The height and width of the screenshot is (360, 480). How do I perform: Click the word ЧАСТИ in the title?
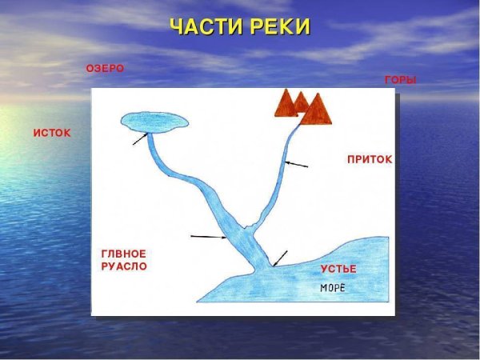[x=202, y=26]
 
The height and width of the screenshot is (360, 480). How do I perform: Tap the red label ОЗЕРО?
[x=105, y=69]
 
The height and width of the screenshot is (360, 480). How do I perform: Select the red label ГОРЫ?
[x=400, y=81]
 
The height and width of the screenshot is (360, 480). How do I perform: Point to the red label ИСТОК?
[x=51, y=133]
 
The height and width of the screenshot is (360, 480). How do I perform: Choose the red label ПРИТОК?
[x=370, y=160]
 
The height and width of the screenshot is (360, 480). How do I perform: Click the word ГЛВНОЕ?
[x=123, y=254]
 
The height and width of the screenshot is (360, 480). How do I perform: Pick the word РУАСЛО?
[x=124, y=266]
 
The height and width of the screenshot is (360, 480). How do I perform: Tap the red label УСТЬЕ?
[x=338, y=269]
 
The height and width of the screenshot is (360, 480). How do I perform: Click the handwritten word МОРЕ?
[x=333, y=287]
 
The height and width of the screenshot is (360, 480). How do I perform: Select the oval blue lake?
[x=155, y=121]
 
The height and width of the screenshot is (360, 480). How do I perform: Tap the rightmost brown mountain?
[x=318, y=110]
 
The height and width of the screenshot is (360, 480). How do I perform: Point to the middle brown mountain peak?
[x=301, y=99]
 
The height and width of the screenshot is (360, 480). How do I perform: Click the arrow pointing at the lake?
[x=140, y=139]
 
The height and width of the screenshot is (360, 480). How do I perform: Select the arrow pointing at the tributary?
[x=296, y=165]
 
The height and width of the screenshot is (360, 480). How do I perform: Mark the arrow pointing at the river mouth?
[x=279, y=258]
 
